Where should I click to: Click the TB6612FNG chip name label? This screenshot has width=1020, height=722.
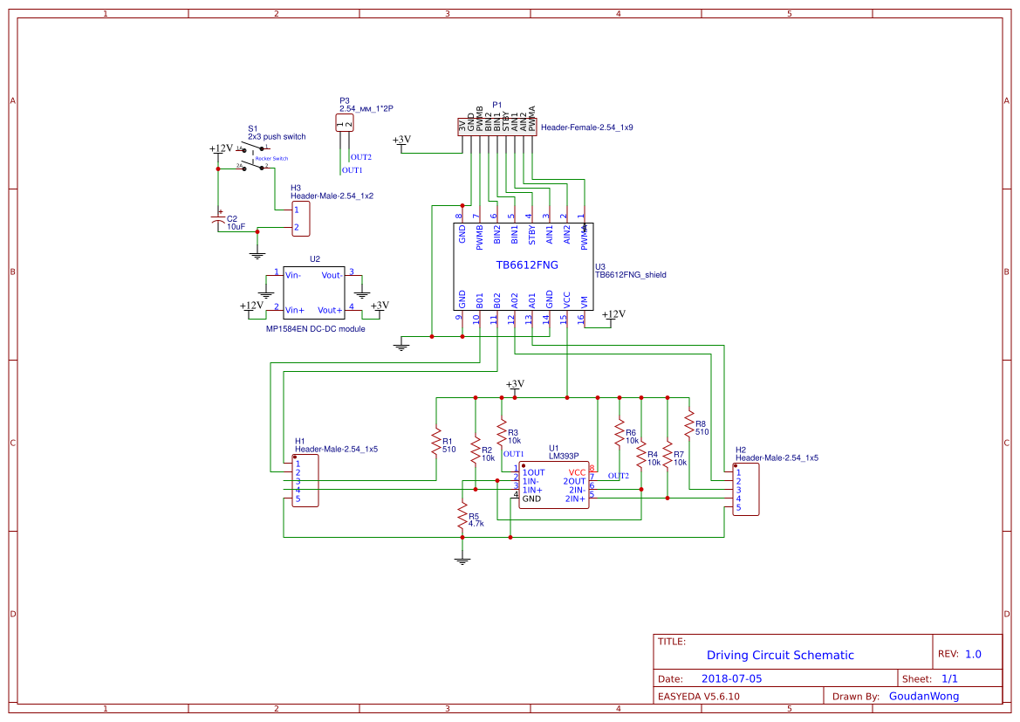(527, 265)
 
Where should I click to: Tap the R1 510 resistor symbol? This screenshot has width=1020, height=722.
(435, 443)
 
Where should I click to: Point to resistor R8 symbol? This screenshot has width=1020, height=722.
(688, 425)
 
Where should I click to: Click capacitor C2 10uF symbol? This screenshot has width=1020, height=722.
(219, 221)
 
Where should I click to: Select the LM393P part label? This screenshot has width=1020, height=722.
(564, 455)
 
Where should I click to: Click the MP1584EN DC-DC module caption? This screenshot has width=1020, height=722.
(315, 329)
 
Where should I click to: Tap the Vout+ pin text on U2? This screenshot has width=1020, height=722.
(329, 309)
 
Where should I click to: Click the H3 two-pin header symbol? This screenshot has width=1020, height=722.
(300, 219)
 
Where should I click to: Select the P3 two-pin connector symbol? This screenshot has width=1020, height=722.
(345, 123)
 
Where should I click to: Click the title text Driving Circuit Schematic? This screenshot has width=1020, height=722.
(780, 655)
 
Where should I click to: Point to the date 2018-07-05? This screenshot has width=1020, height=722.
(731, 678)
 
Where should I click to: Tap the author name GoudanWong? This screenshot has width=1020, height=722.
(923, 696)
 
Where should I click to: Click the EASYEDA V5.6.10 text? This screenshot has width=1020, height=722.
(699, 697)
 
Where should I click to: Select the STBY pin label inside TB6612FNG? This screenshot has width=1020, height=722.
(531, 234)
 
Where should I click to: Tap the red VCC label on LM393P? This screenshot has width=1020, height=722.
(577, 472)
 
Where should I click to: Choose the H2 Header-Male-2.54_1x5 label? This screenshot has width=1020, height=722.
(777, 457)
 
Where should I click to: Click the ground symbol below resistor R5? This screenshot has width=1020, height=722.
(462, 561)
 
